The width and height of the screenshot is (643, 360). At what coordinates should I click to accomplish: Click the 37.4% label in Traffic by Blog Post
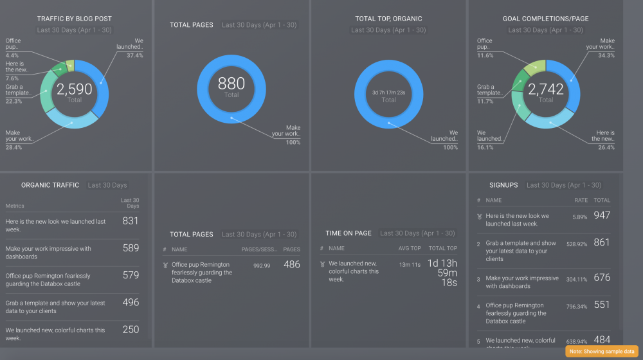tap(134, 55)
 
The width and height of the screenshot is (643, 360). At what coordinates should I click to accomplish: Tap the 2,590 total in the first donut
tap(75, 90)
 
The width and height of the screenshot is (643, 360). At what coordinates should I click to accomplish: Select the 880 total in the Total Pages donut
tap(231, 84)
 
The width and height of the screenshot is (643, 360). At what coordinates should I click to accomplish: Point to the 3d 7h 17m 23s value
tap(388, 93)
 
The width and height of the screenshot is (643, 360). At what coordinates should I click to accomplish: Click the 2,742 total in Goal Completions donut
tap(545, 90)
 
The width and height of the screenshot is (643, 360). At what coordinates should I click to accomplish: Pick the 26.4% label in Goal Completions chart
tap(606, 147)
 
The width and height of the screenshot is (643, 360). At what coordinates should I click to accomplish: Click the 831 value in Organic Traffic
tap(131, 221)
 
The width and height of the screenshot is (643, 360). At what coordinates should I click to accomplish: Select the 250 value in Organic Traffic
tap(131, 329)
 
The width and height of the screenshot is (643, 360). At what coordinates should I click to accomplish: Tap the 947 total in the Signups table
tap(602, 215)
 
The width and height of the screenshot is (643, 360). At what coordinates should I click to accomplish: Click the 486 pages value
tap(291, 264)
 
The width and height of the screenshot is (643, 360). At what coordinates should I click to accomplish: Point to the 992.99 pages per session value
tap(262, 265)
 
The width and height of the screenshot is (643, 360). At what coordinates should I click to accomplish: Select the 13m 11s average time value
tap(410, 264)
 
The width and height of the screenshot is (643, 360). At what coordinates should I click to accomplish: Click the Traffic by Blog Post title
tap(75, 19)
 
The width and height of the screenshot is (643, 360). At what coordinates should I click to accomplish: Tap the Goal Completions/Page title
tap(545, 19)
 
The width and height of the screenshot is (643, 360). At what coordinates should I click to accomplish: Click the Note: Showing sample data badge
tap(602, 352)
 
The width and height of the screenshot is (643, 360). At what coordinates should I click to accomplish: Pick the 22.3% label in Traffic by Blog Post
tap(14, 101)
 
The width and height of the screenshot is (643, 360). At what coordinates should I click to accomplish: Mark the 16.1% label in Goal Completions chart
tap(485, 147)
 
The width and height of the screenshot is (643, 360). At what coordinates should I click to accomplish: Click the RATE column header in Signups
tap(581, 201)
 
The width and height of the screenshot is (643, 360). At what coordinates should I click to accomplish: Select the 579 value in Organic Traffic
tap(131, 275)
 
